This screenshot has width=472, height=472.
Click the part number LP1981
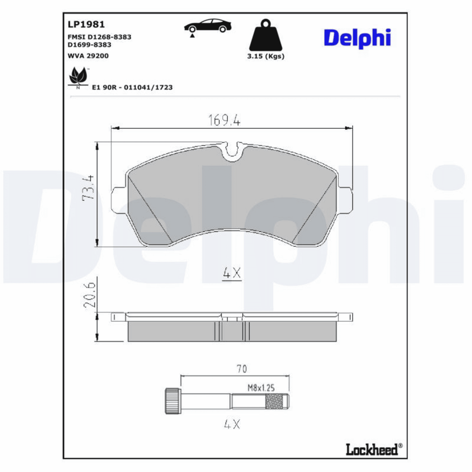(86, 25)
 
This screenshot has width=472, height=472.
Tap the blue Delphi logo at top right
(357, 38)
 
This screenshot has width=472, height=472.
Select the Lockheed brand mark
(374, 450)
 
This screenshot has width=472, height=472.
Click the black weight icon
(265, 35)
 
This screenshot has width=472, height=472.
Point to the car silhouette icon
(208, 26)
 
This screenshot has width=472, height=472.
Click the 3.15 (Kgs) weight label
(265, 56)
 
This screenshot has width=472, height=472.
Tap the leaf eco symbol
(78, 76)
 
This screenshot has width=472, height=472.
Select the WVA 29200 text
(88, 56)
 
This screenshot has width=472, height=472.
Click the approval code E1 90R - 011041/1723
(132, 88)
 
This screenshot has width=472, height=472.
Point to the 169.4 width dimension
(224, 120)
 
